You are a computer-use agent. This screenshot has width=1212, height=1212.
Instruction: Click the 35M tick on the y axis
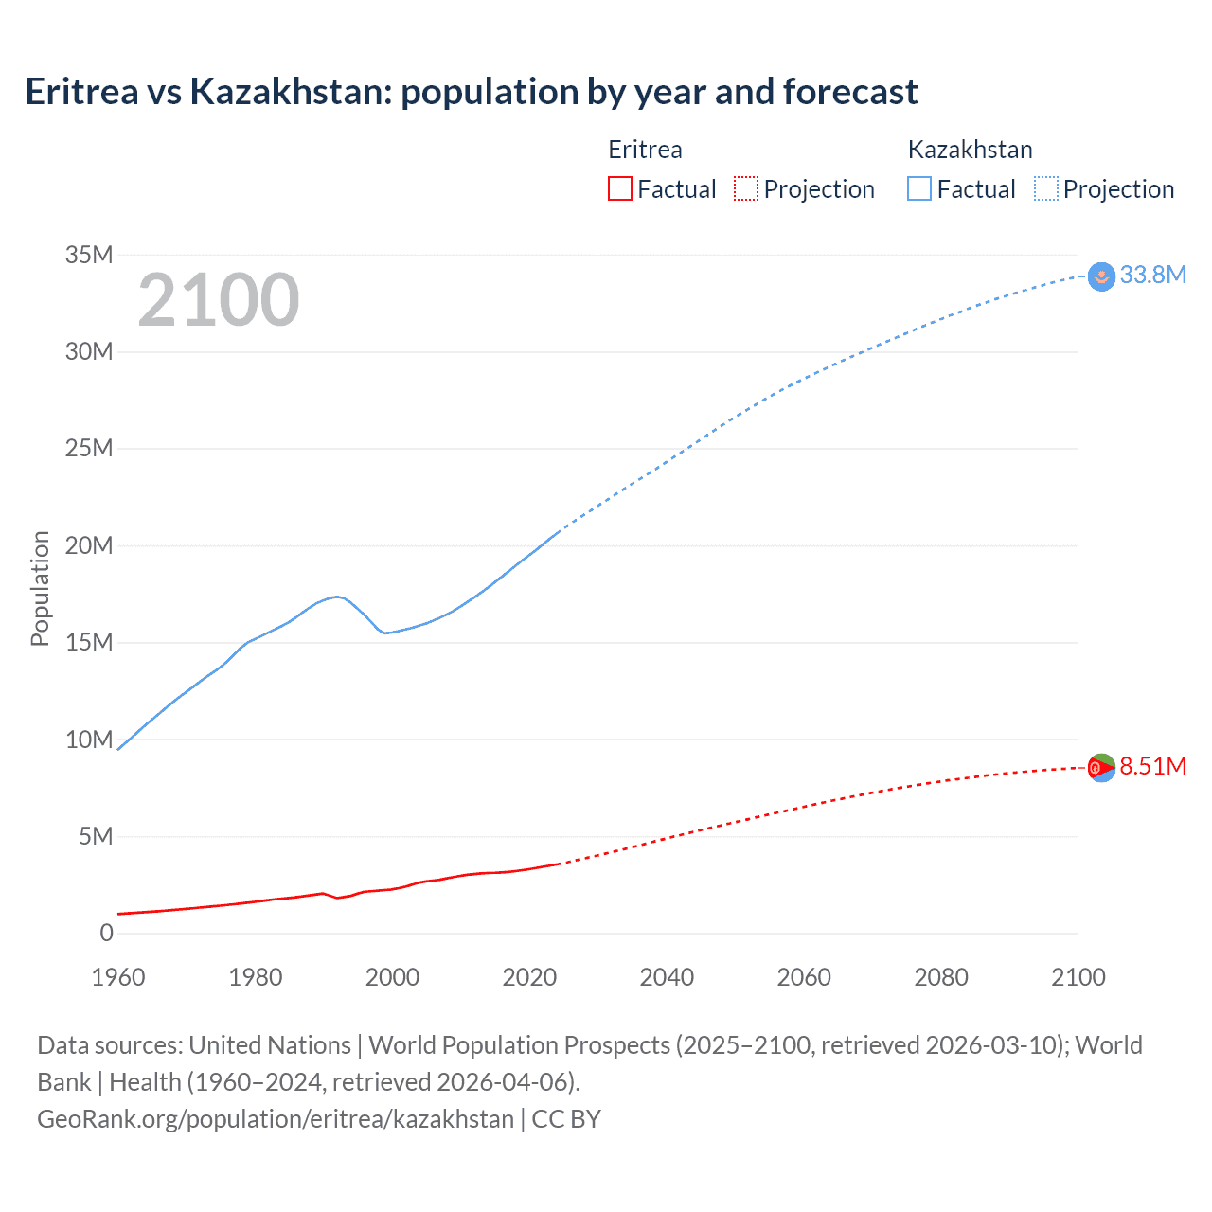click(89, 255)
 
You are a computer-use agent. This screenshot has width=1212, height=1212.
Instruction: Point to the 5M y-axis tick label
click(96, 836)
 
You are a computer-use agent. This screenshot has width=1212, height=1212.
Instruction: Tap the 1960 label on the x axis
click(118, 977)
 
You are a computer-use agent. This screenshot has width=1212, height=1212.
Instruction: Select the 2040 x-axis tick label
click(667, 977)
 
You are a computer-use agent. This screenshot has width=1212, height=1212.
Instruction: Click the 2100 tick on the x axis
click(1078, 977)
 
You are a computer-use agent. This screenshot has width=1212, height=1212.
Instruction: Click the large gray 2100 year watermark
click(219, 300)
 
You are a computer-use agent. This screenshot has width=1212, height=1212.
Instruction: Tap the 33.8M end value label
click(1152, 275)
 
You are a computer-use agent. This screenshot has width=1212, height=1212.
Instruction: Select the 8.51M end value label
click(1152, 766)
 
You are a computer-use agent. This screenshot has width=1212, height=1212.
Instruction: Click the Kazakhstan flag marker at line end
click(1101, 276)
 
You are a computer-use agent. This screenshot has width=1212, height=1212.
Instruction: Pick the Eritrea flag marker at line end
click(1101, 768)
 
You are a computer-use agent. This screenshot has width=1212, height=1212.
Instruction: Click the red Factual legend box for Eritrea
click(619, 189)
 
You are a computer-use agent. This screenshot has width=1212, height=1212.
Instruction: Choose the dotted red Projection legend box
click(746, 189)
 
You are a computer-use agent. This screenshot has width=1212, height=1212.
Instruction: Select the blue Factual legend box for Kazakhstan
click(919, 189)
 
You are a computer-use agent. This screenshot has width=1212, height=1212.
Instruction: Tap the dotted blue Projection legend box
click(1046, 189)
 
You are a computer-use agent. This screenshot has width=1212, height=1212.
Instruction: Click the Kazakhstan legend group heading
click(970, 150)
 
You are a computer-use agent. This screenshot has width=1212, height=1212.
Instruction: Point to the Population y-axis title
click(40, 588)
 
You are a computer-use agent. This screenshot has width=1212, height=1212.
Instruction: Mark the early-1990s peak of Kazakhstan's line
click(337, 597)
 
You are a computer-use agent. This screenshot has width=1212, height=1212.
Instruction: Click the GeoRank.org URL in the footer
click(275, 1118)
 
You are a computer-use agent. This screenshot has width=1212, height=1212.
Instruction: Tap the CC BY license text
click(566, 1118)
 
